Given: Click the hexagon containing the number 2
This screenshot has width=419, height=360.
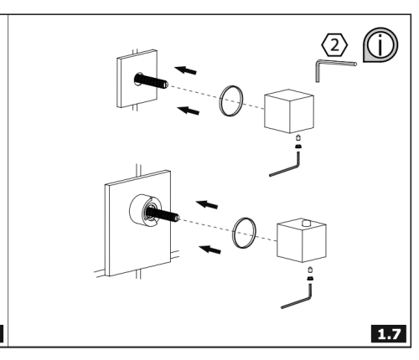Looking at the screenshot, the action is click(334, 44).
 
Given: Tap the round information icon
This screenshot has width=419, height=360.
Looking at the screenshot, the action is click(380, 44).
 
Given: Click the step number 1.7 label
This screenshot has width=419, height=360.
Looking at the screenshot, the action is click(389, 334).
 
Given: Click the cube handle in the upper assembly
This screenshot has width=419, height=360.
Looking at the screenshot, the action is click(289, 111).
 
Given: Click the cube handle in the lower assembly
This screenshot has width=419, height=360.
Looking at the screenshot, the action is click(302, 240).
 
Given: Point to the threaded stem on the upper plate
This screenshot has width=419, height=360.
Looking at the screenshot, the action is click(151, 80).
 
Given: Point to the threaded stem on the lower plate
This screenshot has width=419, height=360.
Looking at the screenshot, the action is click(163, 213).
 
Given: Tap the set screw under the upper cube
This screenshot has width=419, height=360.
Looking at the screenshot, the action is click(298, 141).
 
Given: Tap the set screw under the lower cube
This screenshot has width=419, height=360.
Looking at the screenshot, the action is click(310, 274).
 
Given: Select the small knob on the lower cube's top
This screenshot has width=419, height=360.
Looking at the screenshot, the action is click(307, 223).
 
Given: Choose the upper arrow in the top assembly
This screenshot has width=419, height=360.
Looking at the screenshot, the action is click(185, 70).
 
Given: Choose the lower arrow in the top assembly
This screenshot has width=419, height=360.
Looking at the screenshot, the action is click(189, 111).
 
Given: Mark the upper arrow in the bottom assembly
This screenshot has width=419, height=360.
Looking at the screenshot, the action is click(207, 204).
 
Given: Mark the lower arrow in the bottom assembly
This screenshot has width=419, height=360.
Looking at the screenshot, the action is click(209, 249).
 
